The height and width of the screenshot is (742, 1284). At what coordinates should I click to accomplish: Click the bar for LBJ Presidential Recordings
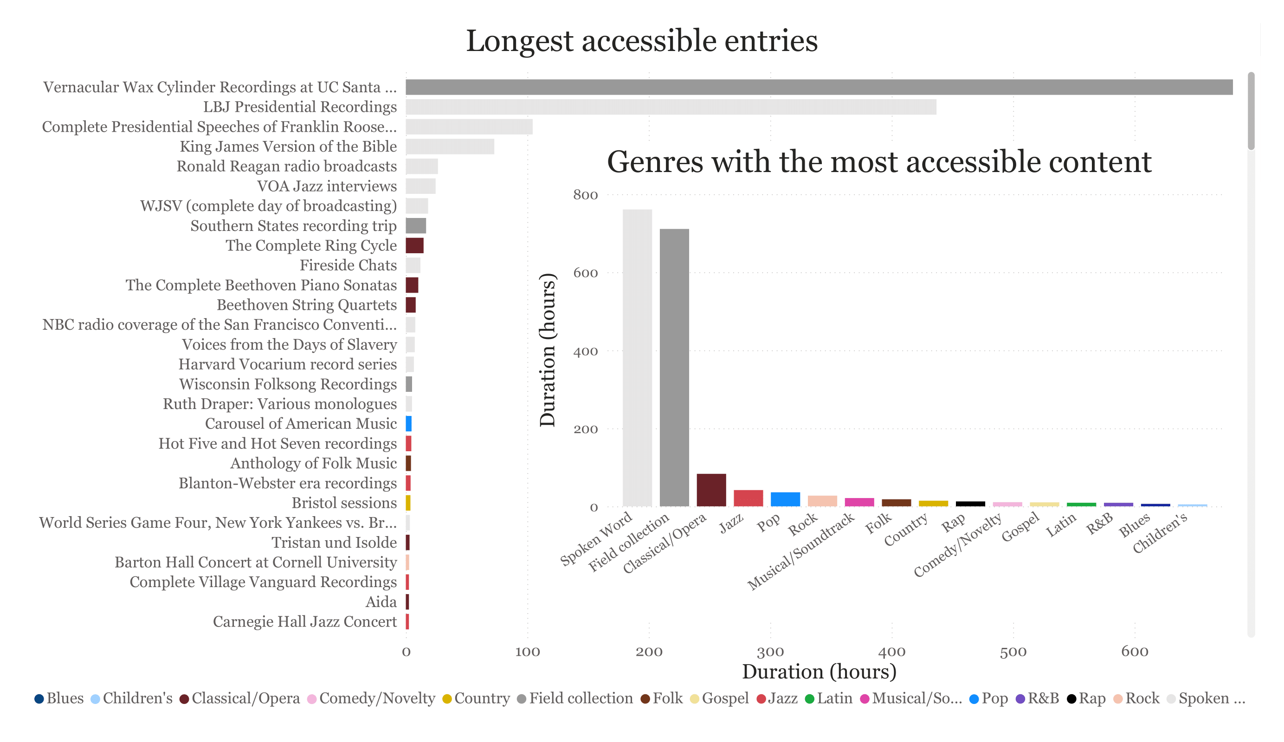[x=671, y=107]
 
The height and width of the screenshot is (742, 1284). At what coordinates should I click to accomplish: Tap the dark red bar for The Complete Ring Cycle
[x=415, y=245]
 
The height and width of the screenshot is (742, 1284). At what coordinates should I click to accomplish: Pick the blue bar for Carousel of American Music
[x=409, y=424]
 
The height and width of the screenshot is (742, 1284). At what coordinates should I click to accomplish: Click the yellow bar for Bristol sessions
[x=408, y=503]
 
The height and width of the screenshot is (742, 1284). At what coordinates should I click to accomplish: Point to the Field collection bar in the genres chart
[x=674, y=368]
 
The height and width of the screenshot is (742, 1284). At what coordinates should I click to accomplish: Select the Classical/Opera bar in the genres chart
[x=711, y=490]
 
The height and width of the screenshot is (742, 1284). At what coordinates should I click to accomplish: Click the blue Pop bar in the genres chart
[x=785, y=499]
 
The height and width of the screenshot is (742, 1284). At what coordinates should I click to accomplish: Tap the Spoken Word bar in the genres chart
[x=637, y=358]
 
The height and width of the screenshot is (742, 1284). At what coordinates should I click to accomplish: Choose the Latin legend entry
[x=828, y=698]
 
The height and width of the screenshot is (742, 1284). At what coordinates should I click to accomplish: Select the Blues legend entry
[x=59, y=698]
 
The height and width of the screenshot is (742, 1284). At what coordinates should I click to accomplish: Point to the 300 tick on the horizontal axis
[x=770, y=652]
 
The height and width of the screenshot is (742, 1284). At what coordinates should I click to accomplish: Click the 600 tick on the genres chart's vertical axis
[x=586, y=273]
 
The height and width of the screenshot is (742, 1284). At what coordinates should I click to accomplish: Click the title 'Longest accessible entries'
[x=641, y=41]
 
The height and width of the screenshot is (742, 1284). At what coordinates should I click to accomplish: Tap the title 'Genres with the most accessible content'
[x=879, y=162]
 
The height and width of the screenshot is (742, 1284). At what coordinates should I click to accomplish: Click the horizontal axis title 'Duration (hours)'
[x=819, y=672]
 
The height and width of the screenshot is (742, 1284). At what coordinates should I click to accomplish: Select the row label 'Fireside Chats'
[x=348, y=265]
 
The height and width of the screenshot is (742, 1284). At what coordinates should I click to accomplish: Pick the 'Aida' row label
[x=381, y=602]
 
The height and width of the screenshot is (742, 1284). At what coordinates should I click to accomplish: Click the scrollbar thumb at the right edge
[x=1251, y=111]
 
